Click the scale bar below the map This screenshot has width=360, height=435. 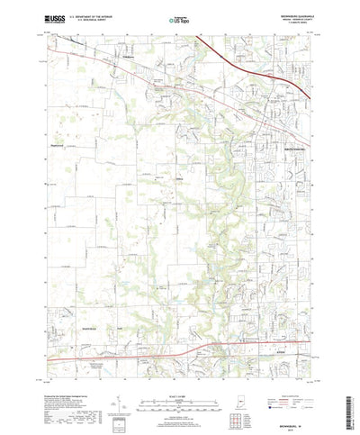(180, 379)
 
